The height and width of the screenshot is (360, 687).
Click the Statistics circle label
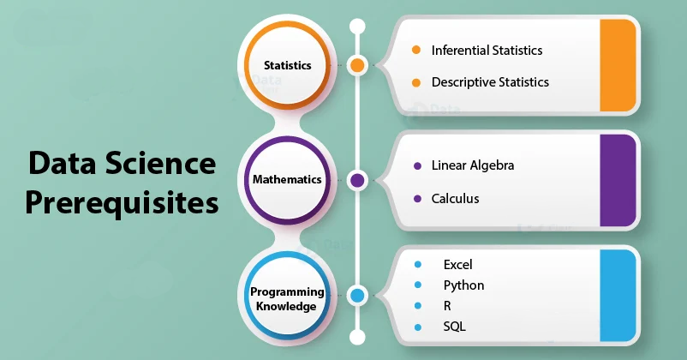[288, 65]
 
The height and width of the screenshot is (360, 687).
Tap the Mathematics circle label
[287, 179]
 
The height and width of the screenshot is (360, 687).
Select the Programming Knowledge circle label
[287, 299]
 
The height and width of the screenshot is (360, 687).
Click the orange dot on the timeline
[357, 65]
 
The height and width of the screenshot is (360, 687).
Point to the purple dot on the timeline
[357, 180]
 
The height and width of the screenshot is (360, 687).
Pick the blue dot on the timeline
[357, 296]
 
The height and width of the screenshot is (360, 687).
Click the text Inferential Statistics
[487, 51]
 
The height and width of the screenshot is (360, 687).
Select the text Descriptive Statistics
[490, 82]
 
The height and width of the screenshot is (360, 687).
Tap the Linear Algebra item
[473, 165]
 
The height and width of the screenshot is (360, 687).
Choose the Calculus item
[455, 199]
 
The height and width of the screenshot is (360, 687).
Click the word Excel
[457, 264]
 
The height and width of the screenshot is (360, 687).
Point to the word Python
[463, 285]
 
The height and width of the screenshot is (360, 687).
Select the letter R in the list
[447, 306]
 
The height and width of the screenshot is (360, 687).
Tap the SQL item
[454, 327]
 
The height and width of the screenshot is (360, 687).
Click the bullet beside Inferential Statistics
[416, 50]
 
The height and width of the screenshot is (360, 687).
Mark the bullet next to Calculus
[417, 199]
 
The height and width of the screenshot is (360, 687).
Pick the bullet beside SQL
[418, 327]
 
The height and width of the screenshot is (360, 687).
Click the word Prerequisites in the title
[122, 203]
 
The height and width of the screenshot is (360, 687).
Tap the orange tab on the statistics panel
[618, 65]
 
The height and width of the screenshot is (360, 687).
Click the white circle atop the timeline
[357, 27]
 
